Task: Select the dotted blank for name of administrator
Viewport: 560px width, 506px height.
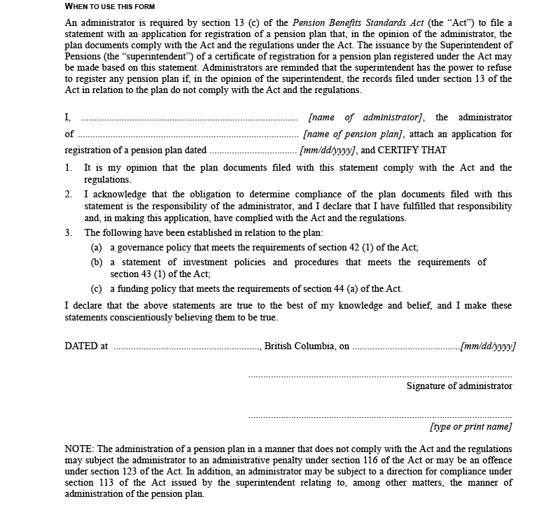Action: coord(190,118)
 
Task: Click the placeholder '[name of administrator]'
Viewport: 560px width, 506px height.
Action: coord(366,118)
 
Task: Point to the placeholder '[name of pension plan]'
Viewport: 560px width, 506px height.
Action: coord(353,134)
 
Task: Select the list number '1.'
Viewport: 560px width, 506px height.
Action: coord(69,168)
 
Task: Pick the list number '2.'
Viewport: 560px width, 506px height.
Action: coord(69,195)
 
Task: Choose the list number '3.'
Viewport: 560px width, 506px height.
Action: coord(69,232)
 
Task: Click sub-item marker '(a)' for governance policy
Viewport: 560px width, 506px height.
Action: coord(97,248)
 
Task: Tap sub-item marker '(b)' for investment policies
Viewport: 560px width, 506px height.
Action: coord(97,262)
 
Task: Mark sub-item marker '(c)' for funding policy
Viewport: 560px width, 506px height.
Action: coord(97,289)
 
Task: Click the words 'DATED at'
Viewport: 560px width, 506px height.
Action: coord(86,346)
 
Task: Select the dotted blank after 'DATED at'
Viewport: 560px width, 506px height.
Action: coord(186,346)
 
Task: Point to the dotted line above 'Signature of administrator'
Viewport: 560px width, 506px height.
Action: coord(380,376)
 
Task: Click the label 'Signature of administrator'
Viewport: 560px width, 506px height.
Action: coord(459,386)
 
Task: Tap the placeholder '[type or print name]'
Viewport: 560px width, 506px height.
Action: coord(470,427)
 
